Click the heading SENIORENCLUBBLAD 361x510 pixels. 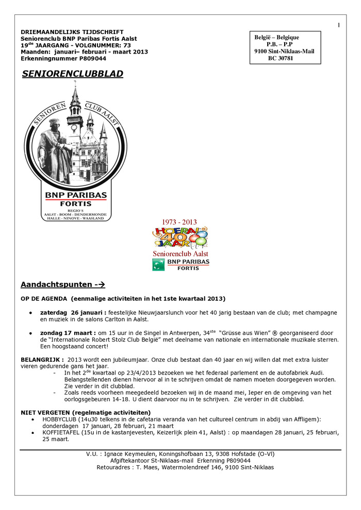[72, 74]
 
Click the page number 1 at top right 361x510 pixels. [339, 25]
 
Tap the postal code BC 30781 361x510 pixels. [280, 58]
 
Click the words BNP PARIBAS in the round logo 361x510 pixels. [75, 195]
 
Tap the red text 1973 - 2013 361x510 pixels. [179, 223]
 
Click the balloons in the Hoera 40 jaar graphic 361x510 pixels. [199, 239]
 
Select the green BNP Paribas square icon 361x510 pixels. [158, 264]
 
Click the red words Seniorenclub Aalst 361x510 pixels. [180, 254]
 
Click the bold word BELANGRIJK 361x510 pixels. [42, 359]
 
